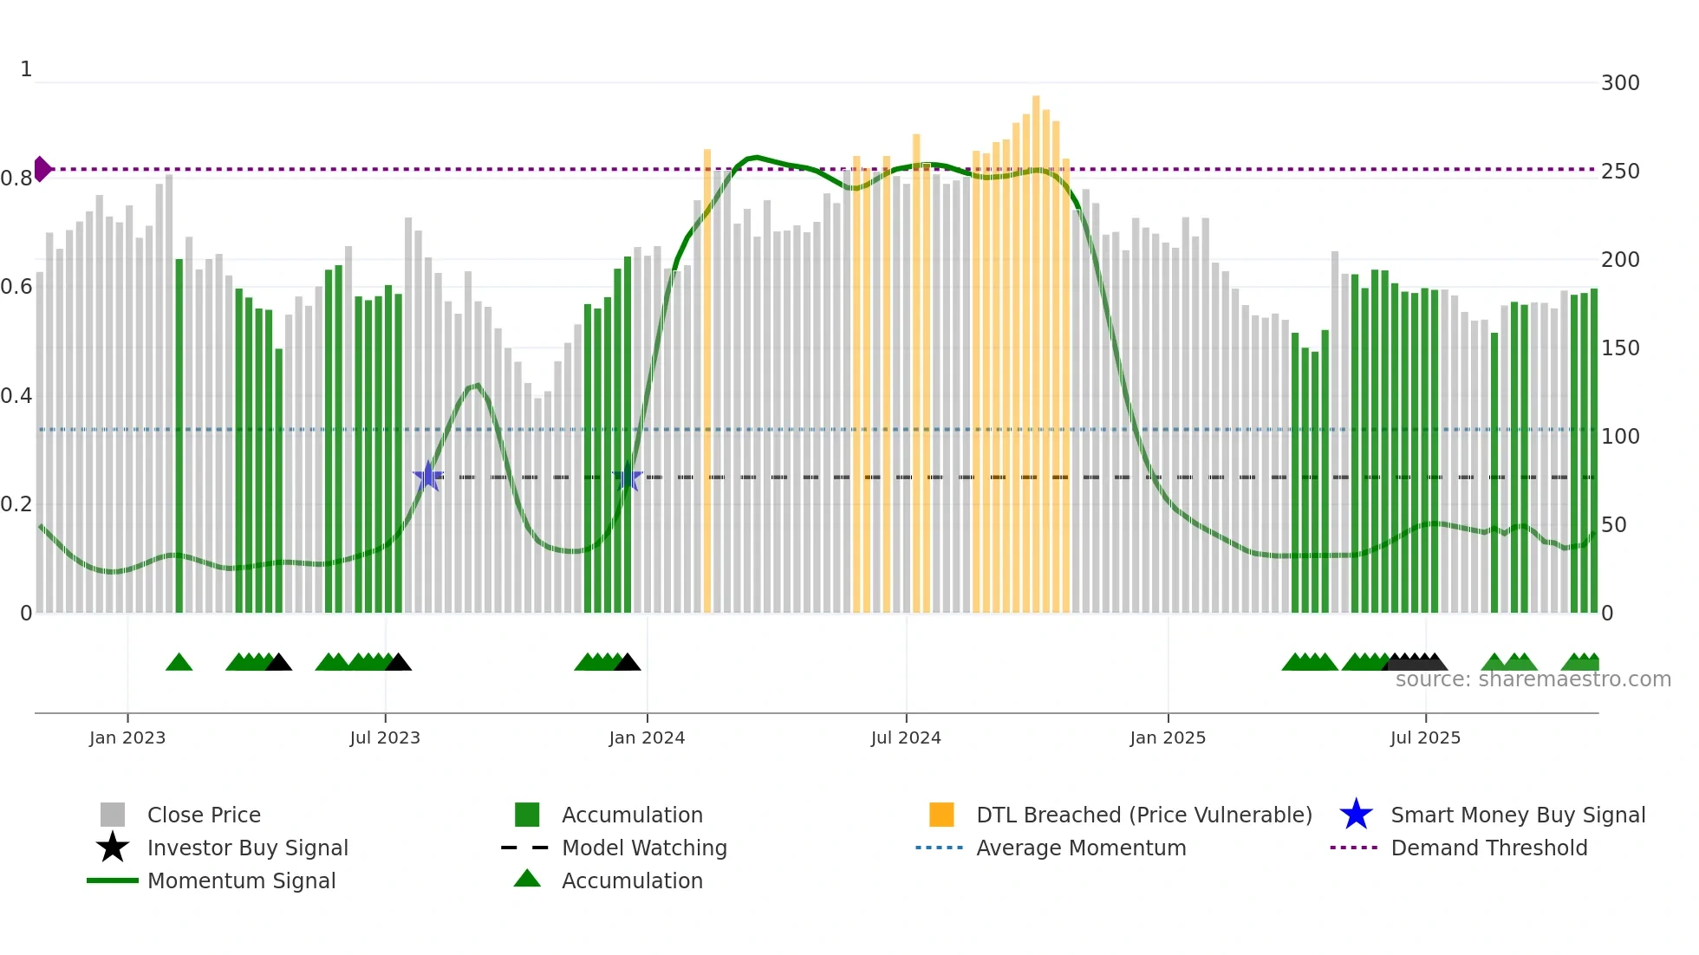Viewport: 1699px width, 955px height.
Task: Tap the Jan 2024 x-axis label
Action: (x=647, y=737)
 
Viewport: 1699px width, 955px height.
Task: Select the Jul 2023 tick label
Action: (x=385, y=737)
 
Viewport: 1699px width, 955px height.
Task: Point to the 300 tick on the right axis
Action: (x=1619, y=83)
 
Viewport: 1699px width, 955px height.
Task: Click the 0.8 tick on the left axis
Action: (x=16, y=179)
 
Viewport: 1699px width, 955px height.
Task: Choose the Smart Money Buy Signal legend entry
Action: (x=1517, y=815)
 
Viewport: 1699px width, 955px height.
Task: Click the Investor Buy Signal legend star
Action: (x=113, y=848)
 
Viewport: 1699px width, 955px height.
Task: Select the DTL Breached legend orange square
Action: (x=941, y=815)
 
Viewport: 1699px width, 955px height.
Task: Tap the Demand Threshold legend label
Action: (x=1488, y=848)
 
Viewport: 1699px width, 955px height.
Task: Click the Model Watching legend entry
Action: (x=643, y=848)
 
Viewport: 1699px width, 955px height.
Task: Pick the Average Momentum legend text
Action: (x=1080, y=848)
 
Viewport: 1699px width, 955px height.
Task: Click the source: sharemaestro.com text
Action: (x=1533, y=679)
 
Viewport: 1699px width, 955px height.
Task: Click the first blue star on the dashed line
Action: (x=427, y=477)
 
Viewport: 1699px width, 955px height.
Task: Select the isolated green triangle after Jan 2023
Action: (x=179, y=663)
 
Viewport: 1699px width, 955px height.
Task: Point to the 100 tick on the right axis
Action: (x=1619, y=437)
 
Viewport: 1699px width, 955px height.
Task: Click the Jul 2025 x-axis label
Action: (x=1425, y=737)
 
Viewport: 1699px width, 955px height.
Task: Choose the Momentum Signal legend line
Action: (x=113, y=880)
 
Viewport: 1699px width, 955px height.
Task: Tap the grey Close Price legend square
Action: (x=113, y=815)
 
